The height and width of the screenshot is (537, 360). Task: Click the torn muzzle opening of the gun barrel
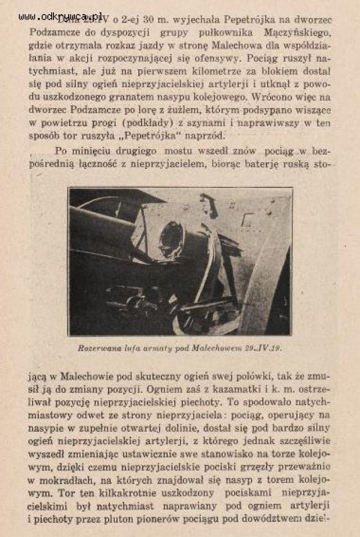pos(172,239)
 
